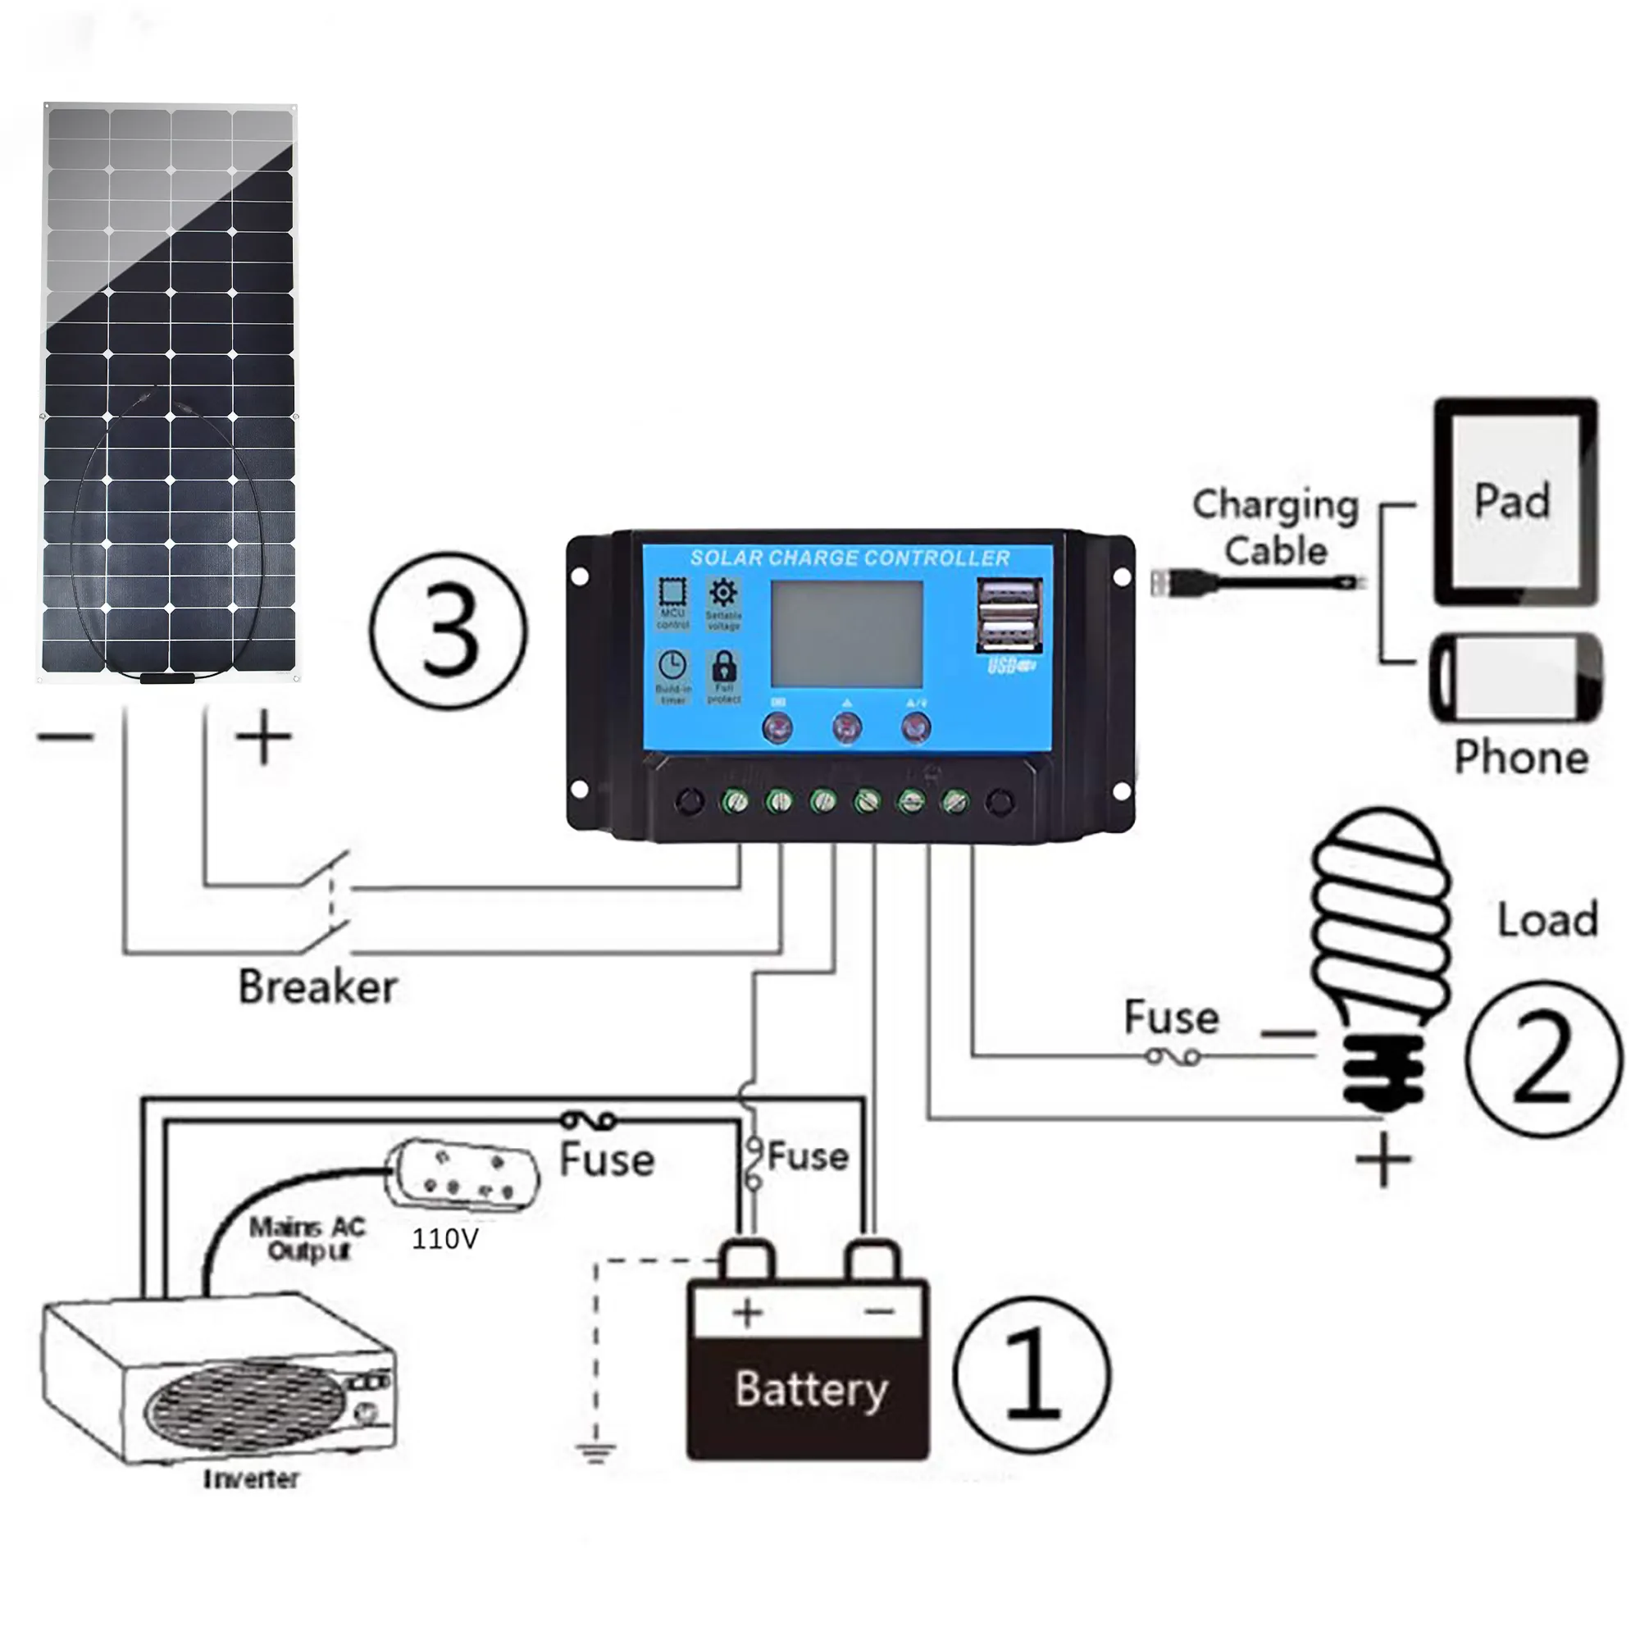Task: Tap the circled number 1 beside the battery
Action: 1032,1373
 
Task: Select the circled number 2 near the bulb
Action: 1542,1059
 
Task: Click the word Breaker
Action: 317,987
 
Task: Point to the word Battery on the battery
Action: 811,1390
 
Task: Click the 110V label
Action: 444,1238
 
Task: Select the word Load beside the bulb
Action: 1547,919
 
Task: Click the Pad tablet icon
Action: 1515,502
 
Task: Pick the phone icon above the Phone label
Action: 1516,678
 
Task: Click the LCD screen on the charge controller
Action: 846,634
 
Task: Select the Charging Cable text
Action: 1275,527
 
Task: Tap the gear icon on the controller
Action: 723,593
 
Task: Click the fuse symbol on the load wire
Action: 1173,1057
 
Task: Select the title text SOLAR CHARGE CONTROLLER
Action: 850,558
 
